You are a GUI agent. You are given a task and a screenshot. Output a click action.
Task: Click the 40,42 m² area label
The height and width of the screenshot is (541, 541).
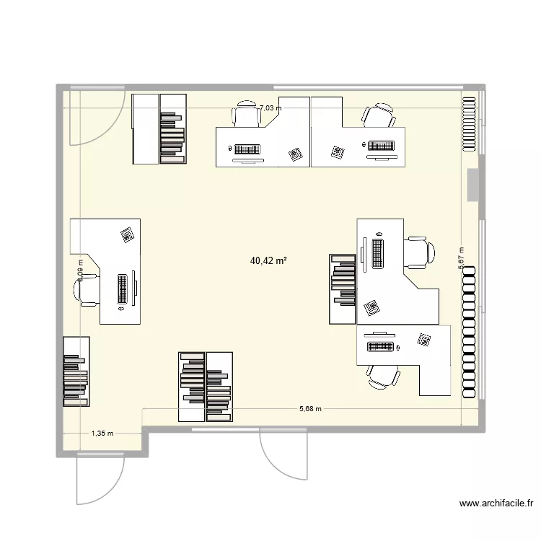pos(268,261)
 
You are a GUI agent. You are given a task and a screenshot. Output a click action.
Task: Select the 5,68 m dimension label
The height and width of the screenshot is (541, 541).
pos(310,409)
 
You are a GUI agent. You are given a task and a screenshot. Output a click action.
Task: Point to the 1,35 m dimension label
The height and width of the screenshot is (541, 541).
pos(102,434)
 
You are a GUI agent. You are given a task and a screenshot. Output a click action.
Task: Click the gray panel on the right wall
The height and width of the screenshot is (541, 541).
pos(473,185)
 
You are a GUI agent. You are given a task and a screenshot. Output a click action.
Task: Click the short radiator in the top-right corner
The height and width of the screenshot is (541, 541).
pos(470,123)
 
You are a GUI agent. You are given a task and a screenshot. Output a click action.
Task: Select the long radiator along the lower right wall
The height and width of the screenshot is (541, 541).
pos(470,332)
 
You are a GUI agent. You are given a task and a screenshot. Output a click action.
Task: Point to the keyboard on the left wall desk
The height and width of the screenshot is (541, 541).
pos(123,289)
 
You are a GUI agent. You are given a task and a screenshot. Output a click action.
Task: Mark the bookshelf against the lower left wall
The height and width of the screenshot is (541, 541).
pos(76,371)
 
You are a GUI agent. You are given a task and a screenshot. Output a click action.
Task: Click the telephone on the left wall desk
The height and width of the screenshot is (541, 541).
pos(128,235)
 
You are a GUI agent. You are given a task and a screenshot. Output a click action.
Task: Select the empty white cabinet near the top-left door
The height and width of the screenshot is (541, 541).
pos(145,129)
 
